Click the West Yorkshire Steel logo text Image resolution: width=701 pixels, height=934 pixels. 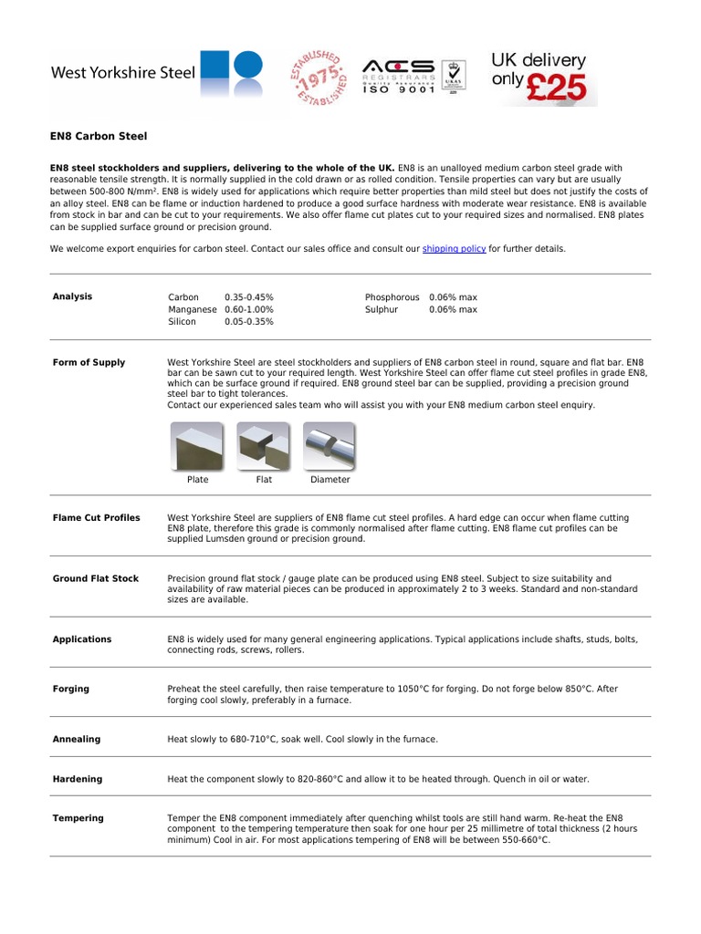[122, 72]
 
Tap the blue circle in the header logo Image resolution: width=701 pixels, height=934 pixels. [247, 67]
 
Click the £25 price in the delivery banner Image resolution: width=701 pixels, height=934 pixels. [560, 86]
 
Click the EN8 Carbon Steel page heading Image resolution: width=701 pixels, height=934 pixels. [98, 136]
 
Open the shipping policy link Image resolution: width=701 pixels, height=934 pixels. [454, 248]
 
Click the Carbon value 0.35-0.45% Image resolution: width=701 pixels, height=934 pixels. [248, 297]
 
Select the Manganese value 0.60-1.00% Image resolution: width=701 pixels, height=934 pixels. [248, 309]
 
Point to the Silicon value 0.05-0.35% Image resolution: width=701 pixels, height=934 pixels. [248, 322]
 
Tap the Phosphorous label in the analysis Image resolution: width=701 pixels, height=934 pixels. [392, 297]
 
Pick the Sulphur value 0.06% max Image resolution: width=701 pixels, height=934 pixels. [453, 309]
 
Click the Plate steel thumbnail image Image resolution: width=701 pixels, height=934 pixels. [197, 446]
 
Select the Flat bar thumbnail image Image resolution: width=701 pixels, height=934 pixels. [263, 446]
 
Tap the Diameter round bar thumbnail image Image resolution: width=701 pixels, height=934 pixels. [329, 446]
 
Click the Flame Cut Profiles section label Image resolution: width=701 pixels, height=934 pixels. [97, 518]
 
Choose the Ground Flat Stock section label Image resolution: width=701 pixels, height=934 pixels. [96, 578]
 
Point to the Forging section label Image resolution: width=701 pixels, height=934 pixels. [71, 689]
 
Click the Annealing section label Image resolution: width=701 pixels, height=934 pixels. [77, 739]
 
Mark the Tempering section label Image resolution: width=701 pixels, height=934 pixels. [78, 818]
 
